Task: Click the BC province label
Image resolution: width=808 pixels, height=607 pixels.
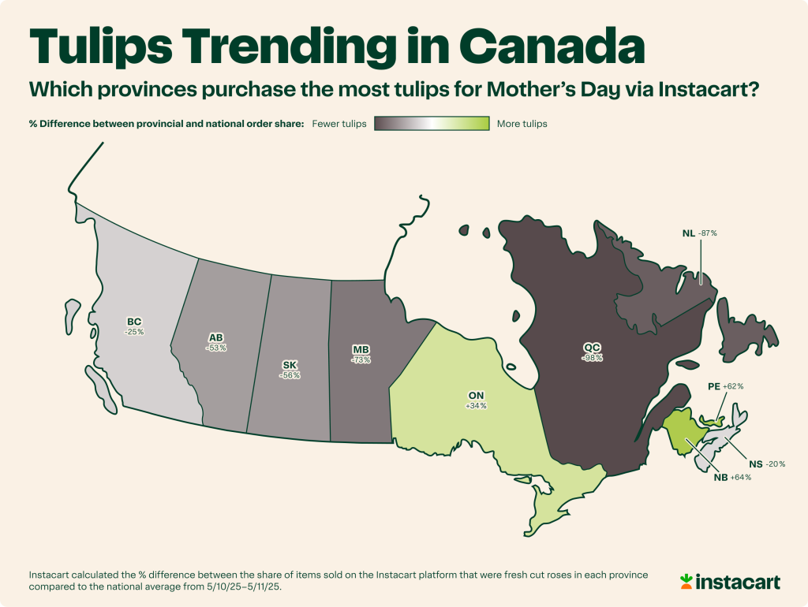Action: [135, 322]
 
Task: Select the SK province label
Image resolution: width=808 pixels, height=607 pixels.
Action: [290, 365]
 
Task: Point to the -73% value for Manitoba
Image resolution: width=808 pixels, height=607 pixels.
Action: [361, 359]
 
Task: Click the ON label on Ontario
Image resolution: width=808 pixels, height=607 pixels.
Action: [476, 396]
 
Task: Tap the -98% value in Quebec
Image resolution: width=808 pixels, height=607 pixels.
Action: [593, 357]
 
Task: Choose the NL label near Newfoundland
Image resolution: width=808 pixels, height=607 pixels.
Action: [688, 233]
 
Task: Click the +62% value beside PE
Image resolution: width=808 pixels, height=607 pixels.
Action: [732, 387]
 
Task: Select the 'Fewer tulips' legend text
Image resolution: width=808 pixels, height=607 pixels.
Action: [339, 124]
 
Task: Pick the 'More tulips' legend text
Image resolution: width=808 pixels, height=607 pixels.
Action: [522, 124]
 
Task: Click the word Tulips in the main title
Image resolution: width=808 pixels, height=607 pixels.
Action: [111, 47]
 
